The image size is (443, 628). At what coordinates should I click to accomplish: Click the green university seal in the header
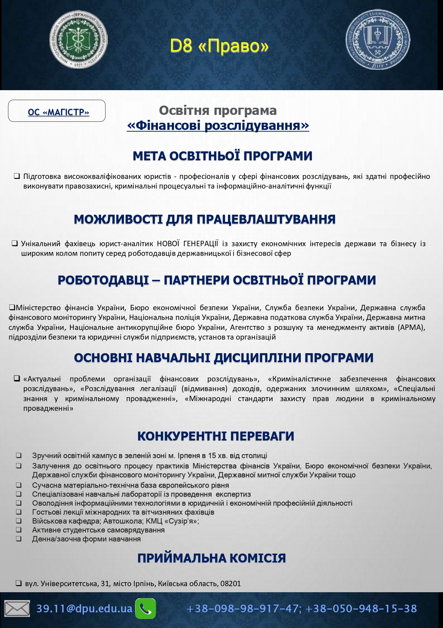pos(78,40)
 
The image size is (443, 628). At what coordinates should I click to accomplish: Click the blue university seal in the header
pos(378,39)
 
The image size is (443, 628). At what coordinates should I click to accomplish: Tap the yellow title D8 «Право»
pos(219,46)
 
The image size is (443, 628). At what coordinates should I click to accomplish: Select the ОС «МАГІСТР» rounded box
pos(57,111)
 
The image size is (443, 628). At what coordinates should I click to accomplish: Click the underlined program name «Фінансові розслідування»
pos(218,126)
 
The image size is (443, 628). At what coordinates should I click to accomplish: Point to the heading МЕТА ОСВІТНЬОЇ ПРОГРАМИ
pos(222,156)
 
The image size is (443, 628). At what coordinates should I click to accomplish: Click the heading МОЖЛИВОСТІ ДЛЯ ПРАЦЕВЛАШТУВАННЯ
pos(204,219)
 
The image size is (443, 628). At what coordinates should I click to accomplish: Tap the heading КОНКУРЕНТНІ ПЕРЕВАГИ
pos(215,436)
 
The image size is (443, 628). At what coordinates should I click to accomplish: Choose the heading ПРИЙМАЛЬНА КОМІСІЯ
pos(211,558)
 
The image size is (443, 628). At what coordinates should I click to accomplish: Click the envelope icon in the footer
pos(17,609)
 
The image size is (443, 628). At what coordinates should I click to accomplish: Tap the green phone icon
pos(145,608)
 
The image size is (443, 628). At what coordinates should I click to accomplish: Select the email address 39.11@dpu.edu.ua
pos(84,609)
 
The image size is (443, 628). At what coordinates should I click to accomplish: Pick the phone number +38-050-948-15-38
pos(361,609)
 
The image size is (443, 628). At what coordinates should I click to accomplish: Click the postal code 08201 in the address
pos(230,584)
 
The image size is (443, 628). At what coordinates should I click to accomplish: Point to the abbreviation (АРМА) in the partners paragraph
pos(412,327)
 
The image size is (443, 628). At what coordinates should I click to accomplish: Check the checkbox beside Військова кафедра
pos(19,521)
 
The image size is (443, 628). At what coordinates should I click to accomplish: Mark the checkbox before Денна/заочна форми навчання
pos(19,539)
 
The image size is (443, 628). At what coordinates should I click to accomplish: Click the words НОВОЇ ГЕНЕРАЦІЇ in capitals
pos(188,244)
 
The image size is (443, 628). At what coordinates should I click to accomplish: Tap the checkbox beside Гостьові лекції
pos(19,512)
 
